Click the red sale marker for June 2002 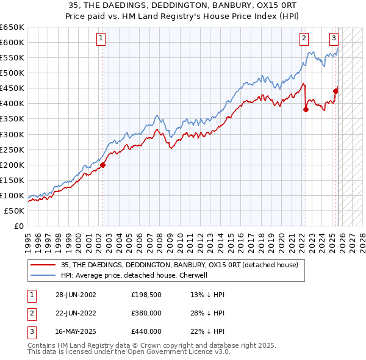(102, 165)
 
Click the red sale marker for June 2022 (306, 110)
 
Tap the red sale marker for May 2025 (335, 91)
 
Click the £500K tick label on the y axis (13, 73)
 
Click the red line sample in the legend (43, 265)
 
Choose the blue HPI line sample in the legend (43, 275)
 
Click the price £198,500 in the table (146, 295)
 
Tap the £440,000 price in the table (146, 331)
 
